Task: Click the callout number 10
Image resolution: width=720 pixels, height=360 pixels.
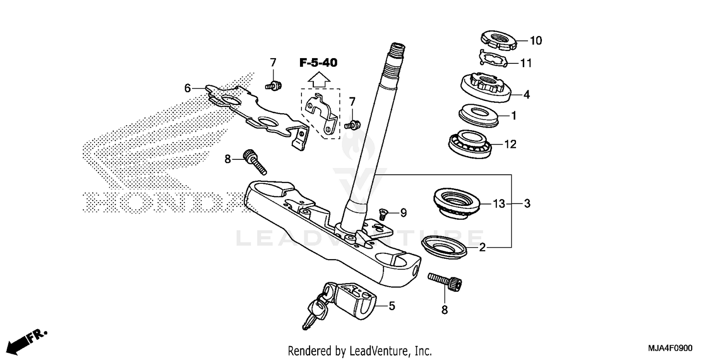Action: click(x=536, y=41)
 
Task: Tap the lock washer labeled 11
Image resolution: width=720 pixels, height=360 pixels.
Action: click(x=494, y=59)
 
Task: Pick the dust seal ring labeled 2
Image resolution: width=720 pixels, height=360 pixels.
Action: click(x=444, y=245)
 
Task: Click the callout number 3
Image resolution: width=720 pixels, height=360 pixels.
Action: click(x=527, y=204)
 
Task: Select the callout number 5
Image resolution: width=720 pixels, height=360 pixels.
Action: click(x=392, y=306)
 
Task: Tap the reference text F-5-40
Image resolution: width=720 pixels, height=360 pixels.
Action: click(x=318, y=62)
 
